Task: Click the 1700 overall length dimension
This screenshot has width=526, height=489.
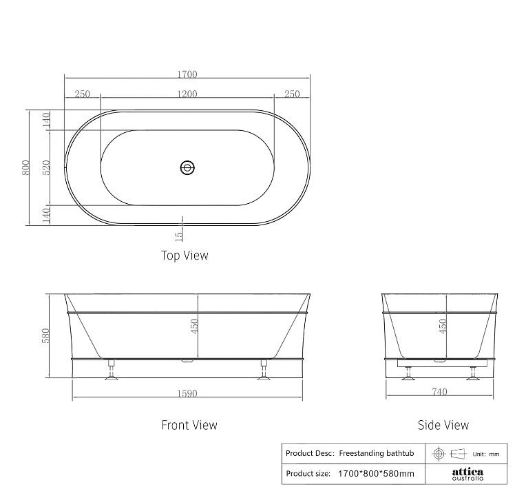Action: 187,74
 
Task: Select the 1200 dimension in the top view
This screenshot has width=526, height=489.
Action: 187,94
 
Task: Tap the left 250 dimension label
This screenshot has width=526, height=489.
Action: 82,94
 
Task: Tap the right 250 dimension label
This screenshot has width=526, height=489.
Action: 291,94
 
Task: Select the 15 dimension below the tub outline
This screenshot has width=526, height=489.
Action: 179,236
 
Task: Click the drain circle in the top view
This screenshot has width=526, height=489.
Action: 187,167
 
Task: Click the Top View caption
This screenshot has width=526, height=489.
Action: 185,256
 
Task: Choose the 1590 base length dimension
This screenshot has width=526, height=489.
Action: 187,394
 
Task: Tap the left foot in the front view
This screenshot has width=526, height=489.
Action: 111,371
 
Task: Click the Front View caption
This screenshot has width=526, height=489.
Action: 189,425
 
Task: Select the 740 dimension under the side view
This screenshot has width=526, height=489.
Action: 439,393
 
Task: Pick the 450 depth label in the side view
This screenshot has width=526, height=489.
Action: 443,326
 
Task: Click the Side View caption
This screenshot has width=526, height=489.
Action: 443,425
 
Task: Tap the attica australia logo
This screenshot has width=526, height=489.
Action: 467,474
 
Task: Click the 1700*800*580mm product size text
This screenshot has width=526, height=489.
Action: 376,474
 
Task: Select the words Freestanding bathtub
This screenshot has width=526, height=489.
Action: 376,453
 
